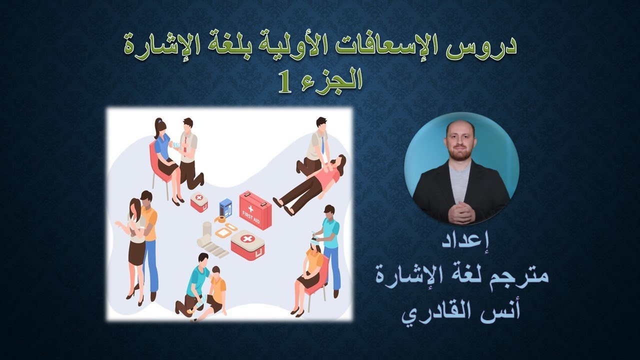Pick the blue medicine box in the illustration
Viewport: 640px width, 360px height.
pos(226,206)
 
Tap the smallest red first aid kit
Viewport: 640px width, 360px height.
pos(199,202)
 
